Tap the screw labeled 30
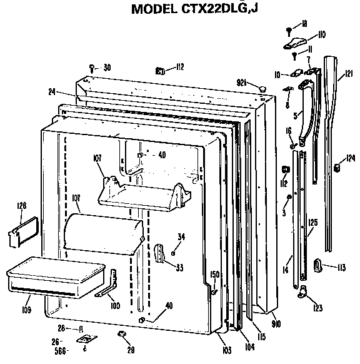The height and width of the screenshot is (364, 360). (x=92, y=67)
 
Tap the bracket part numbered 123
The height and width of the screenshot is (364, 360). (x=304, y=290)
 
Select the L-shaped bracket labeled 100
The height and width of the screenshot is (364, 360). (x=107, y=284)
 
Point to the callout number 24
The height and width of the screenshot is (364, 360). (x=51, y=92)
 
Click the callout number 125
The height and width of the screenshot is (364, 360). (x=312, y=221)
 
